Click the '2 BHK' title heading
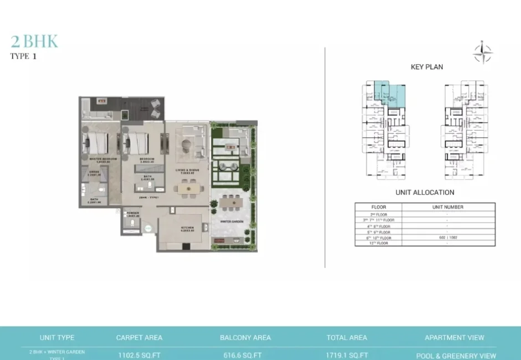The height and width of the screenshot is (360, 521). coord(34,42)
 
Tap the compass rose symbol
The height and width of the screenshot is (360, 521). coord(482,53)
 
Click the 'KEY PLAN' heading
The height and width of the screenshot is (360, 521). coord(426,67)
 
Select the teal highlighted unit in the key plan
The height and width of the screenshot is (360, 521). coord(388,92)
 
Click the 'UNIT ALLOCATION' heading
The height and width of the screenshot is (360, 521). coord(425,192)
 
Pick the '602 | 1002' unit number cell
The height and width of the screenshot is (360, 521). coord(447,237)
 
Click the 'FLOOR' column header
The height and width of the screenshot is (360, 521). coord(378,207)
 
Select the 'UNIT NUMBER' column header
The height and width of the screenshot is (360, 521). coord(447,207)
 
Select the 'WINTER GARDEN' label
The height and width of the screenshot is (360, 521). coord(233,222)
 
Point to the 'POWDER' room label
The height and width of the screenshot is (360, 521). coord(132,212)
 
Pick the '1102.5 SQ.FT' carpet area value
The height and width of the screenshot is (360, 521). coord(139,355)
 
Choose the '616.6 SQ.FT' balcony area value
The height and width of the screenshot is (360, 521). coord(245,355)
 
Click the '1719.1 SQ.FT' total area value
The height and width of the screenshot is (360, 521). coord(347,355)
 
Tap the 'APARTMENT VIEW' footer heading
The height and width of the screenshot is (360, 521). coord(454,337)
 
